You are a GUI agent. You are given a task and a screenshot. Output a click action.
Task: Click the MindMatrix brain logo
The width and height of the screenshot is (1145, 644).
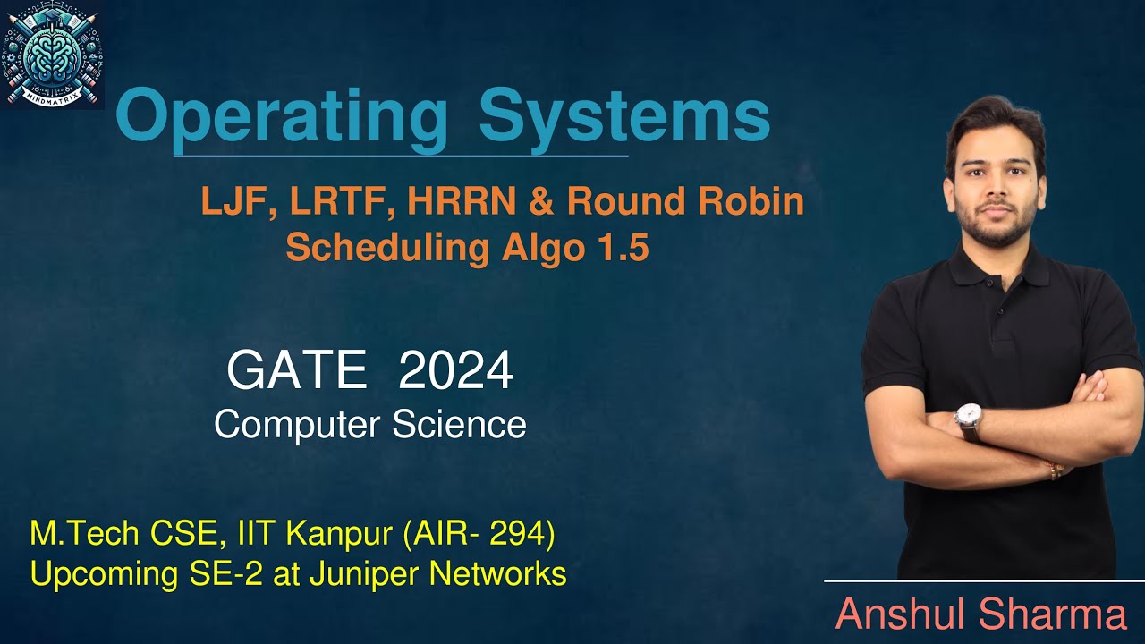(53, 54)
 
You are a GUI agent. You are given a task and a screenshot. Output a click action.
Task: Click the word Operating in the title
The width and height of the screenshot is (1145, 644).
(281, 117)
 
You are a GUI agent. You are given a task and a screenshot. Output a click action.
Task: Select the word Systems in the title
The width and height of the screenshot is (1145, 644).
(623, 117)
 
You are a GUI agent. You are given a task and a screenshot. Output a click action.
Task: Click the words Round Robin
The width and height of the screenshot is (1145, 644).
(685, 203)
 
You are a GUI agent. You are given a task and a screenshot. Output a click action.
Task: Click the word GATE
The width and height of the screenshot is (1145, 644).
(297, 370)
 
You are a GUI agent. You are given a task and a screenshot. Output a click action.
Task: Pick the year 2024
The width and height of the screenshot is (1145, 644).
(456, 370)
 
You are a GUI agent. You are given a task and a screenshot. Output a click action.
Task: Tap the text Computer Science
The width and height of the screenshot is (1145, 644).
(369, 424)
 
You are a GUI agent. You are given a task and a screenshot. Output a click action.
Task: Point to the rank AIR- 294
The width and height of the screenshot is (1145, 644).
(479, 535)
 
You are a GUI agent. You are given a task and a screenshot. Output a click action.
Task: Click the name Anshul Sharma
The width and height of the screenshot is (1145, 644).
(980, 615)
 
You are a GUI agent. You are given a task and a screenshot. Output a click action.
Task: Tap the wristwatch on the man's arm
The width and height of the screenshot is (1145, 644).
(968, 417)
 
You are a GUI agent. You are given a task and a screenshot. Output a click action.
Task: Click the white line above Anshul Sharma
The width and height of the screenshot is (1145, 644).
(984, 581)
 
